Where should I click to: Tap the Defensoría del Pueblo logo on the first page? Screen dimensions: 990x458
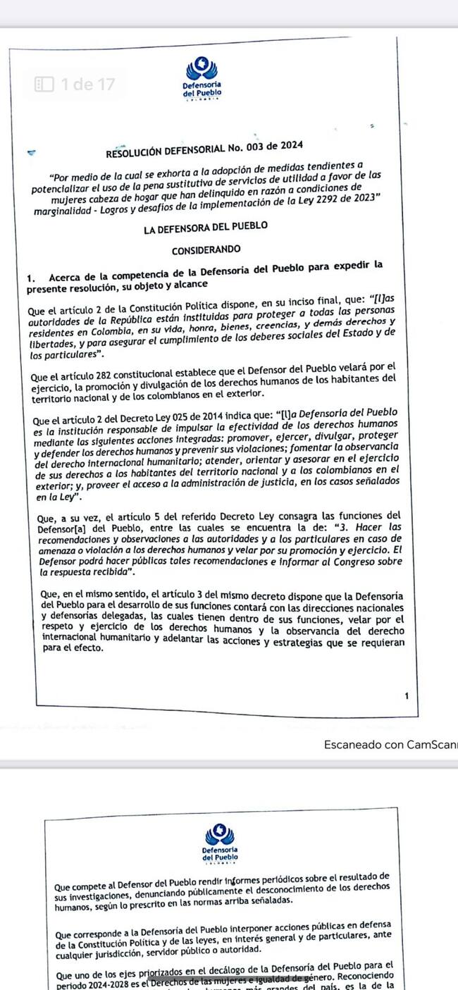point(202,78)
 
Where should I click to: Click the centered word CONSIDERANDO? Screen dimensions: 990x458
point(206,249)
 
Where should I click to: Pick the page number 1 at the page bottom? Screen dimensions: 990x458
point(407,697)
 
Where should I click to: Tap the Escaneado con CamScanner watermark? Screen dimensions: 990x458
point(390,744)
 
